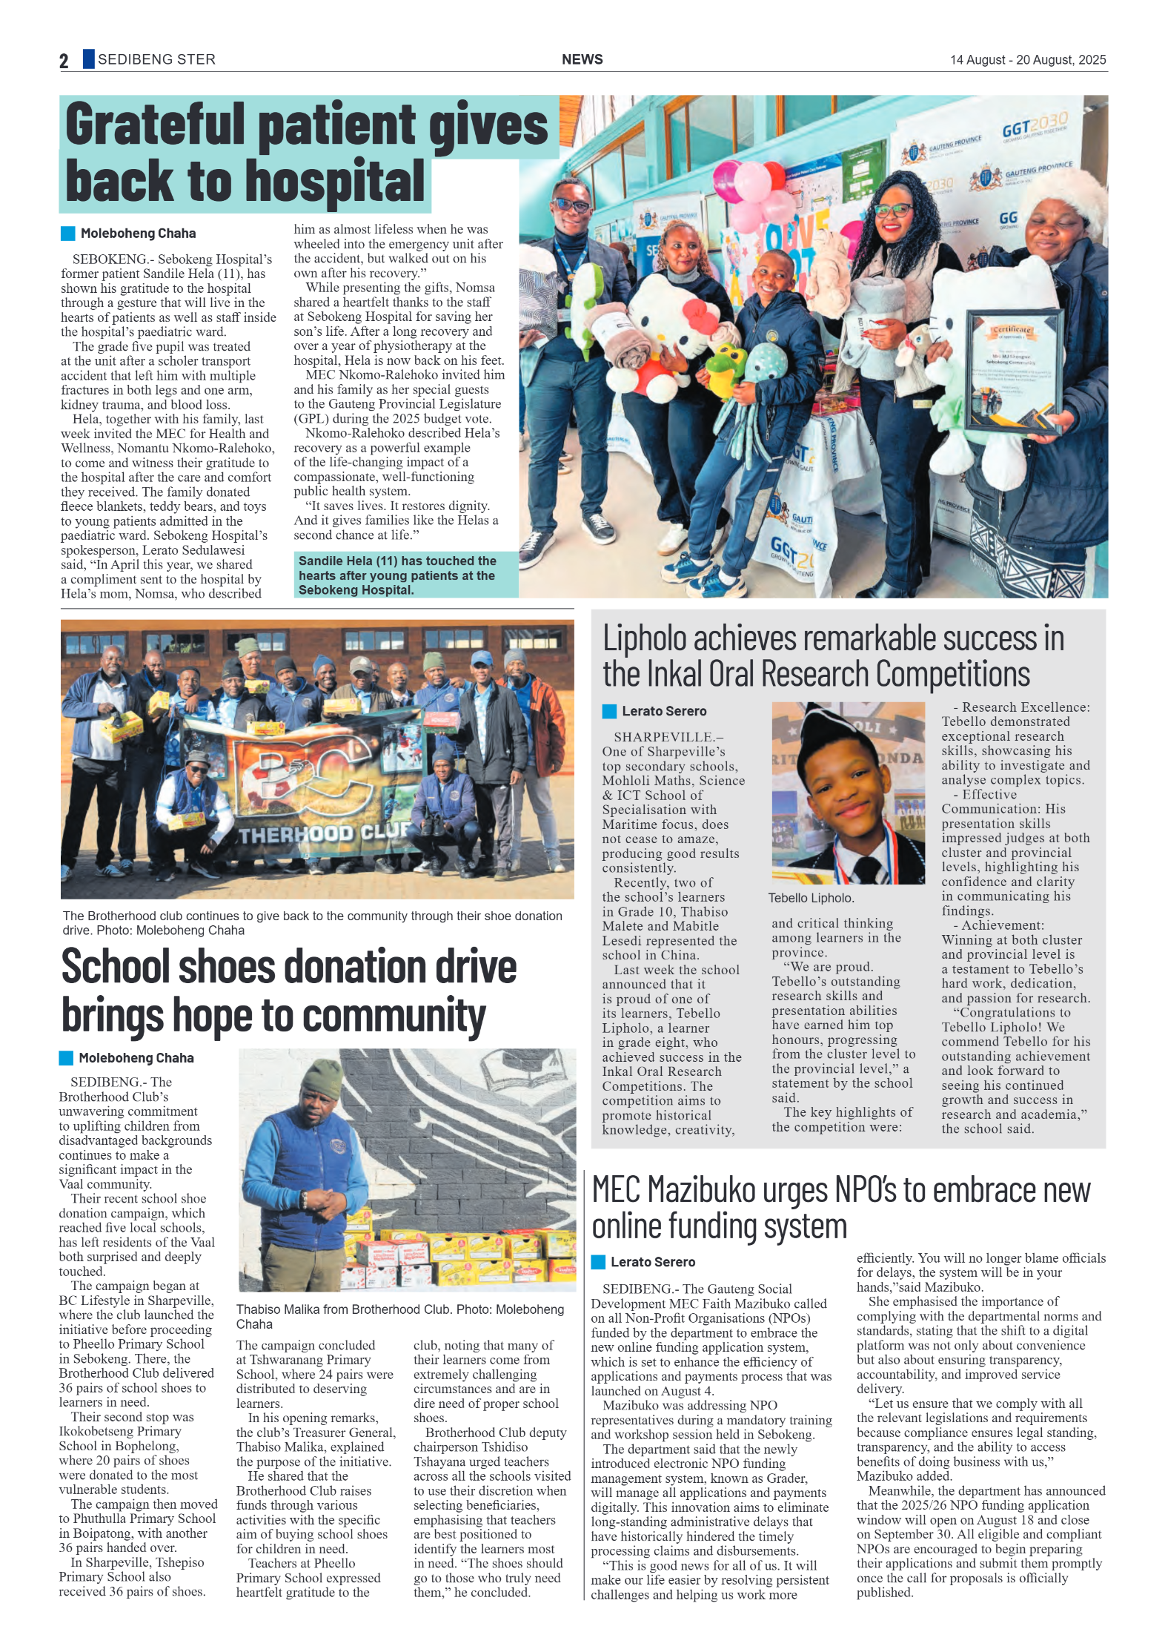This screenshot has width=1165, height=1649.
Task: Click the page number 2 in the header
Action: point(64,61)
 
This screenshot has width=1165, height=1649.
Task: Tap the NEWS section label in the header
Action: point(582,59)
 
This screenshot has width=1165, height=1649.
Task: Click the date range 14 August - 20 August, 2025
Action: point(1027,60)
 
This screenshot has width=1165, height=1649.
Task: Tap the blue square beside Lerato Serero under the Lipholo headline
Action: point(609,711)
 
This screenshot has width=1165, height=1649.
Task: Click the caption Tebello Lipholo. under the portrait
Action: point(811,898)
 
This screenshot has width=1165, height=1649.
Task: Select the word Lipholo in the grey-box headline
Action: point(644,638)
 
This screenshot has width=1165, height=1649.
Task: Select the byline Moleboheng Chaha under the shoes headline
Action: point(136,1058)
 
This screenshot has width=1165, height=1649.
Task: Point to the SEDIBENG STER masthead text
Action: point(156,59)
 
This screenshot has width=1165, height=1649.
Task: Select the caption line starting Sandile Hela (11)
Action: point(396,561)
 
